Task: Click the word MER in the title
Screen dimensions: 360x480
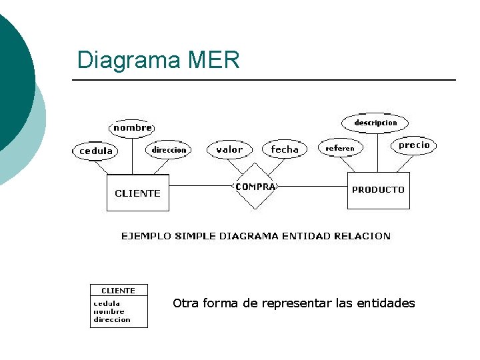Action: click(x=214, y=61)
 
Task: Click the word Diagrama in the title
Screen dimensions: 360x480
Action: click(x=129, y=61)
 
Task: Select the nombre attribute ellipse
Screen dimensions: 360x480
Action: click(x=132, y=127)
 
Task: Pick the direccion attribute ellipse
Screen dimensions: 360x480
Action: click(x=169, y=150)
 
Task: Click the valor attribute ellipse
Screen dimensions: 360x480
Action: click(x=229, y=150)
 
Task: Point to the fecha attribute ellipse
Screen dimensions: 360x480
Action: click(x=285, y=150)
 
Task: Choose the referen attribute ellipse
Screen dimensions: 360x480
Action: click(x=340, y=148)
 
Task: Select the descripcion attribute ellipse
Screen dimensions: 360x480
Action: click(x=375, y=123)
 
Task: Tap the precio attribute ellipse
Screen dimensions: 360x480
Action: click(x=414, y=145)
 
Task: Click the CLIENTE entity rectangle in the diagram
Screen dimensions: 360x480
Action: click(x=137, y=193)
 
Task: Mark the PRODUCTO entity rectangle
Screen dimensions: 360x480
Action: click(x=378, y=190)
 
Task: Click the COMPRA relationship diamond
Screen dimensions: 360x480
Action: click(x=255, y=187)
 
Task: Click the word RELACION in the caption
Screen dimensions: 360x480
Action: click(x=365, y=236)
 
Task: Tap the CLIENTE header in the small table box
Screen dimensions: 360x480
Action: click(x=118, y=291)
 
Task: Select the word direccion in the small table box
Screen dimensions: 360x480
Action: click(x=111, y=320)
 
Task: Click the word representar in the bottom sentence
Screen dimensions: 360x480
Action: click(x=297, y=304)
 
